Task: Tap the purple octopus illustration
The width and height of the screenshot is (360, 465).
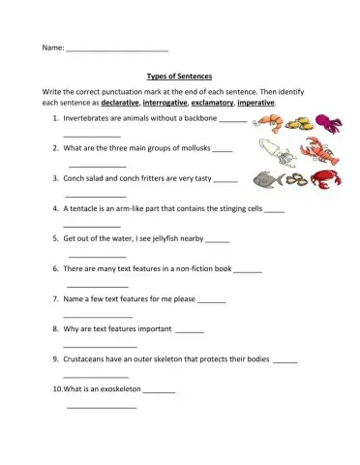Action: click(329, 123)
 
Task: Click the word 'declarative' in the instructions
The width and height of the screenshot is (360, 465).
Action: click(120, 101)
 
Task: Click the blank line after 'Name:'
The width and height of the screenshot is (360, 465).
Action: click(117, 48)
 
